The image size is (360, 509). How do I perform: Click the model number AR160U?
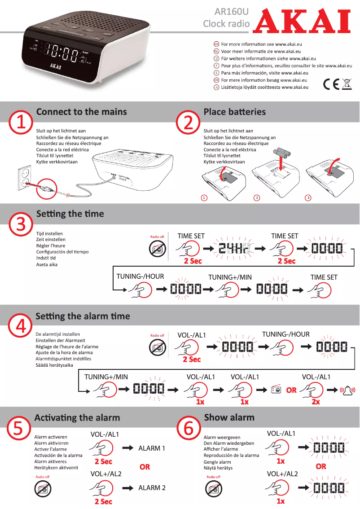(231, 11)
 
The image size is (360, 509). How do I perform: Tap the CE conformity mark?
(331, 84)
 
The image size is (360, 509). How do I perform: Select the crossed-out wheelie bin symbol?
(347, 84)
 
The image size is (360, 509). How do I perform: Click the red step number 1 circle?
(21, 123)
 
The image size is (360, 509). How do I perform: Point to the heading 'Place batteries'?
(234, 112)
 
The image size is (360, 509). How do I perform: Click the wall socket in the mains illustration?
(24, 178)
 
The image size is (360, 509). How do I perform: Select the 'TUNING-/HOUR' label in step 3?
(140, 276)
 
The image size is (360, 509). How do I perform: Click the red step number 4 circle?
(21, 326)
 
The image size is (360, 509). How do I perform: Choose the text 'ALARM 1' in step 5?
(152, 448)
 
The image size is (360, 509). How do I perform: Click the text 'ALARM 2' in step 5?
(152, 488)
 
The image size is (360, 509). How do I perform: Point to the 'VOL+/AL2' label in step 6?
(282, 474)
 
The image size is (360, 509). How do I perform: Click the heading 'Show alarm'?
(229, 417)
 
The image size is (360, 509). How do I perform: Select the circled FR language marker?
(216, 66)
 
